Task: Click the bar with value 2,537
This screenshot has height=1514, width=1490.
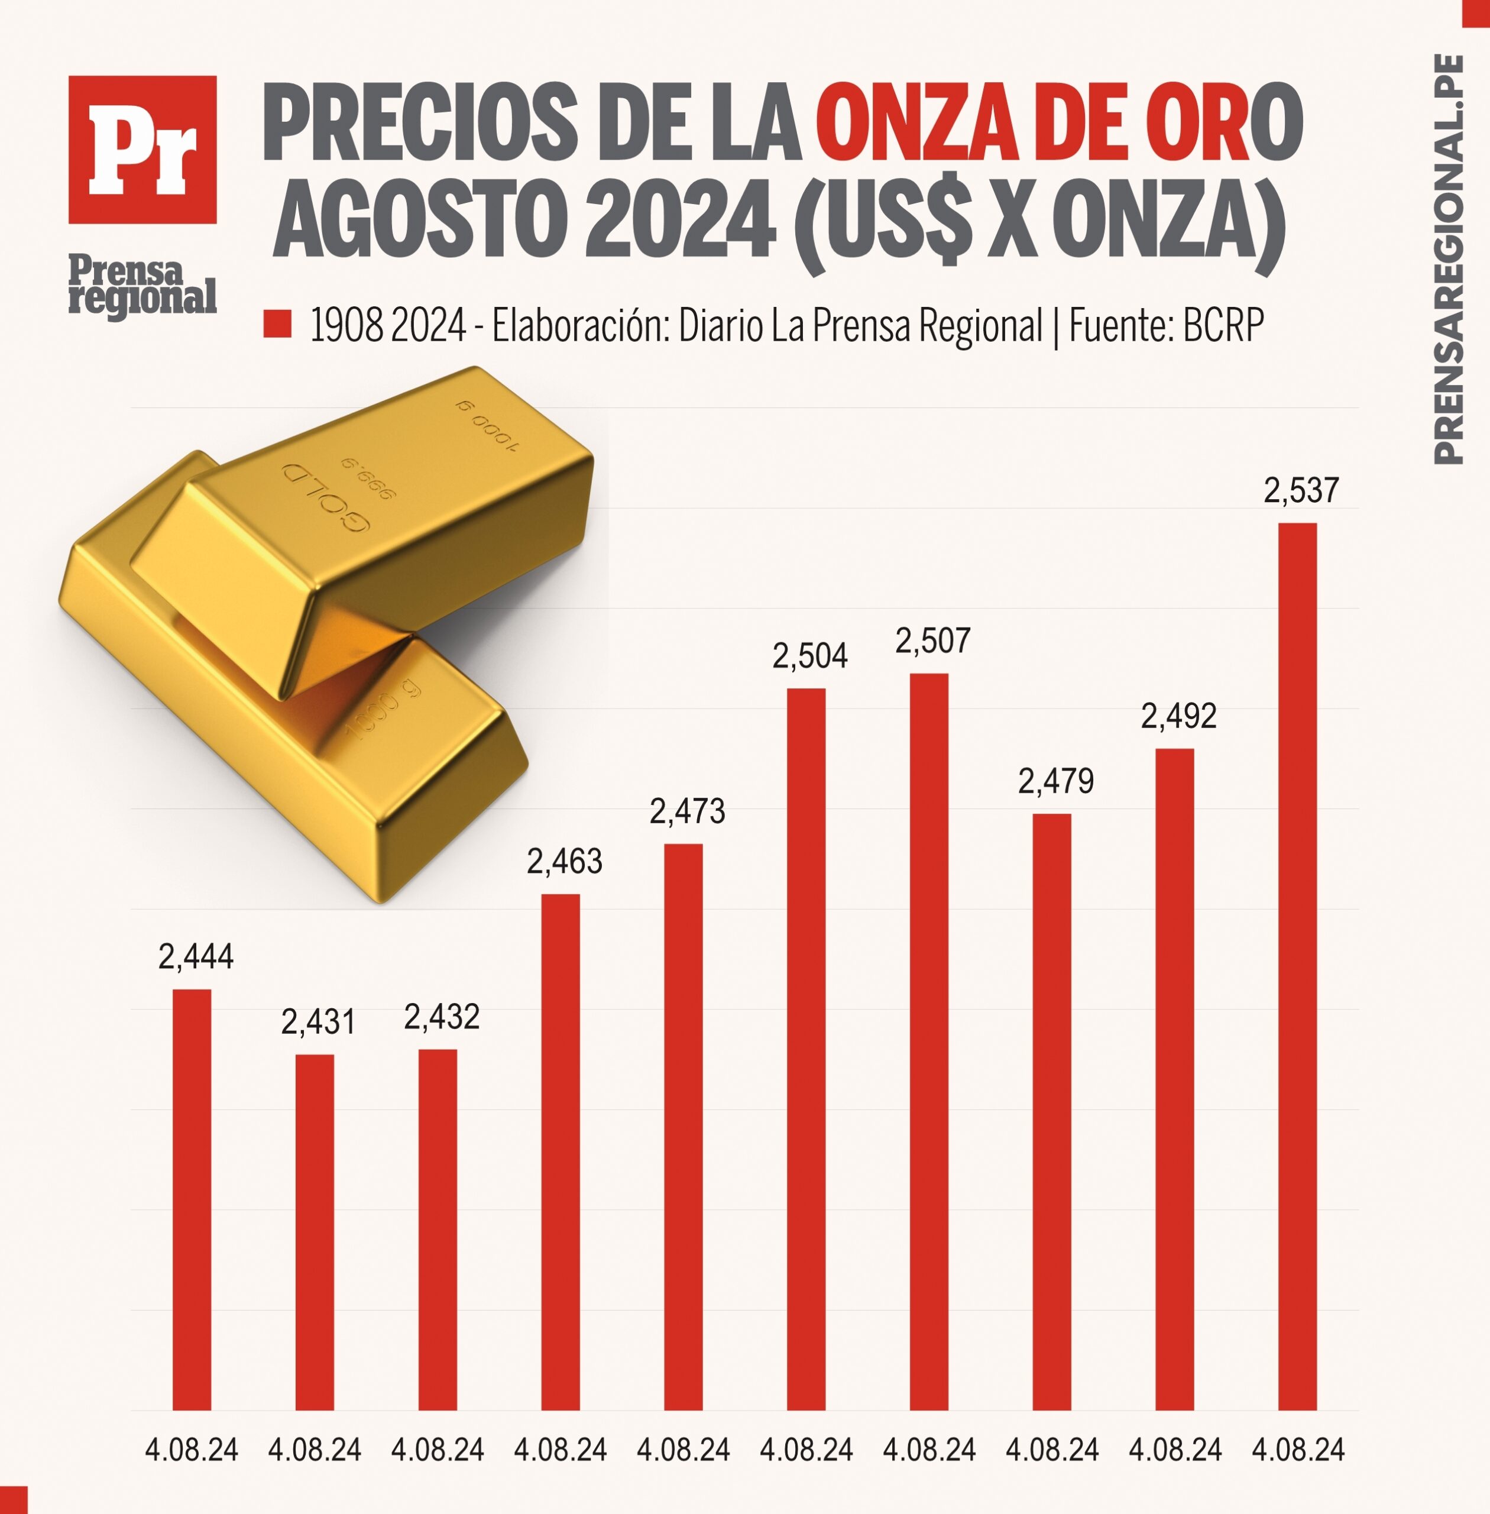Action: tap(1297, 967)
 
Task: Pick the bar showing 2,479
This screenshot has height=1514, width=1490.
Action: tap(1051, 1112)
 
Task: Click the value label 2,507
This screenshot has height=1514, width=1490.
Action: tap(932, 641)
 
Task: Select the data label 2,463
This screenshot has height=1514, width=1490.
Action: tap(564, 862)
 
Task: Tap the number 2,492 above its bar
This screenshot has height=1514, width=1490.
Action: tap(1178, 716)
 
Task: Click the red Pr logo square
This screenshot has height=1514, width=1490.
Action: tap(142, 150)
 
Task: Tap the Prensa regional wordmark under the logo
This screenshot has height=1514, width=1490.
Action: tap(142, 286)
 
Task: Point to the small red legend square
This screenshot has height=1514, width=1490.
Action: tap(277, 324)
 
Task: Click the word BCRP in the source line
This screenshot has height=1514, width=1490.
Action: tap(1223, 326)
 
